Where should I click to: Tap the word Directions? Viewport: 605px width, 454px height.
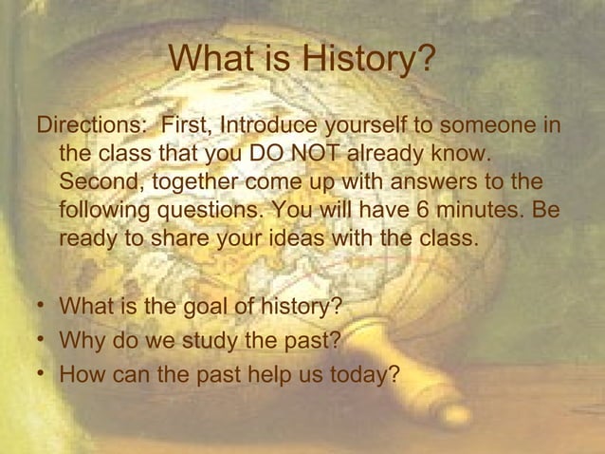[93, 126]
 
